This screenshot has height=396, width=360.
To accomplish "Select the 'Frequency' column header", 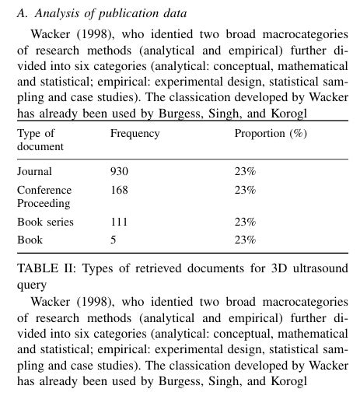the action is coord(135,133).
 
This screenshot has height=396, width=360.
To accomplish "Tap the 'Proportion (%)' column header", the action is coord(271,133).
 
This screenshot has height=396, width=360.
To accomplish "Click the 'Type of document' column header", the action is coord(38,139).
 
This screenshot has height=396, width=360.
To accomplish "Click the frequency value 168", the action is coord(119,190).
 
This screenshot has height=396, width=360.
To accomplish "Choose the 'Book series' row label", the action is coord(45,222).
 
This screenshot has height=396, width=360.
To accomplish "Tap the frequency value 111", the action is coord(119,222).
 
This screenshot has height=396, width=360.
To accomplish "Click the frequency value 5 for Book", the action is coord(114,240).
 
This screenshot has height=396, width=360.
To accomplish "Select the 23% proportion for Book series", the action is coord(246,222).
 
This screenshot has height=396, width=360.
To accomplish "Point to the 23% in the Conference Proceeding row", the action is coord(246,190).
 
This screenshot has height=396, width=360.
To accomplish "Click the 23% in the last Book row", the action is coord(246,240).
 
